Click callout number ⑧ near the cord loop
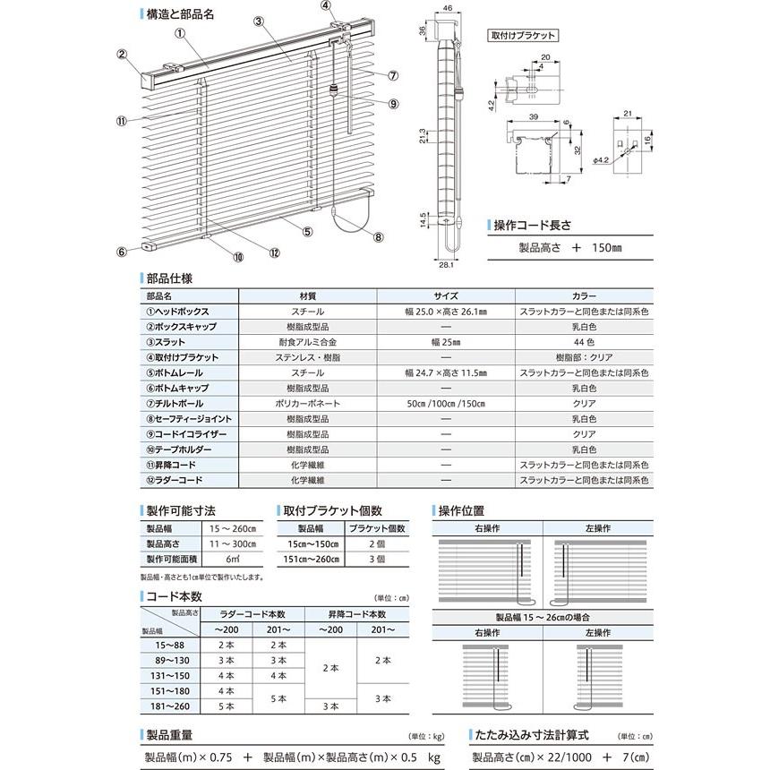pos(378,237)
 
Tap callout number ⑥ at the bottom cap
pos(122,251)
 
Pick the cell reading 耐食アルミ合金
pos(308,341)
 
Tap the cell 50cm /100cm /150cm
pos(447,403)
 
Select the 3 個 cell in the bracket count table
pos(376,559)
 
